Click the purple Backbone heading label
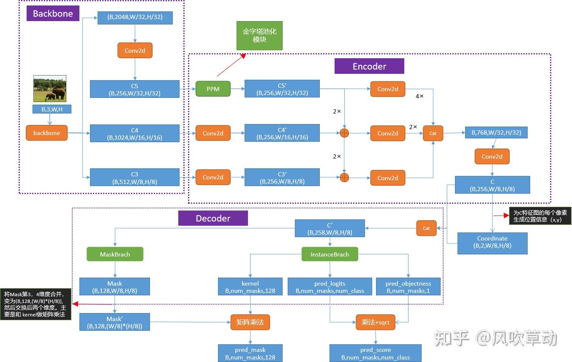(53, 14)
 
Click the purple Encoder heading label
(369, 66)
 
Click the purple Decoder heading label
(213, 218)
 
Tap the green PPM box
(213, 89)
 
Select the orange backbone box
(46, 133)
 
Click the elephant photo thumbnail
(50, 88)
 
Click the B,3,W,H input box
(52, 109)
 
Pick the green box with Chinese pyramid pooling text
(259, 36)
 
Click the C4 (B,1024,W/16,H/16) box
(134, 134)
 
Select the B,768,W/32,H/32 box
(496, 132)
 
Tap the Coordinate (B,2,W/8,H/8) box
(492, 242)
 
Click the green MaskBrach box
(115, 254)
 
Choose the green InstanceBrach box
(330, 254)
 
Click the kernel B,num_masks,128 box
(250, 287)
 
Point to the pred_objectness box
(408, 287)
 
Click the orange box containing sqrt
(375, 322)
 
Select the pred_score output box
(375, 353)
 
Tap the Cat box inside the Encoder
(433, 133)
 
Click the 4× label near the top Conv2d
(419, 97)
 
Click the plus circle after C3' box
(345, 178)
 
